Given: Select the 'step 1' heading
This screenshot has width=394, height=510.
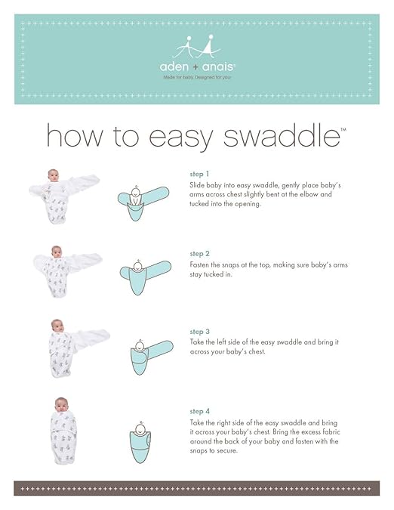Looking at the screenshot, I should (x=199, y=173).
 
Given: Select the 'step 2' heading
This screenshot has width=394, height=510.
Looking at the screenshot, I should (x=199, y=254).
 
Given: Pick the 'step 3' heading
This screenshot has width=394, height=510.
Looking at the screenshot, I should (x=199, y=331).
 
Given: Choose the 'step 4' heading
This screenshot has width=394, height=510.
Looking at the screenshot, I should (x=199, y=411).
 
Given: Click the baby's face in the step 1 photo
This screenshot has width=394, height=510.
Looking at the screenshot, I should (x=53, y=177).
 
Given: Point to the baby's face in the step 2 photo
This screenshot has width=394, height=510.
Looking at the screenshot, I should (x=56, y=252).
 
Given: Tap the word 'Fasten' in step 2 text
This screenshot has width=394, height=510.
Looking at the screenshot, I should (x=201, y=264).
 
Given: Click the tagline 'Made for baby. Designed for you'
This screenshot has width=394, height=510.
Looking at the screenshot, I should (x=196, y=76).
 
